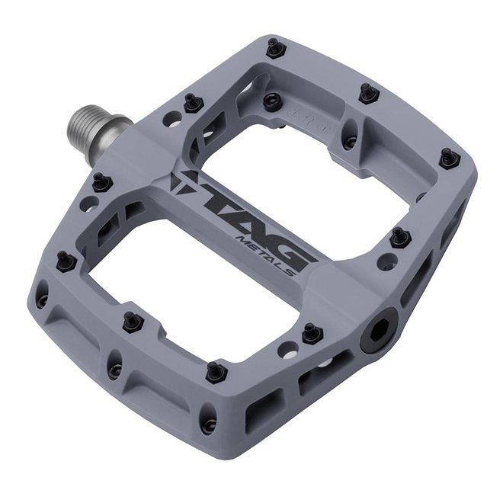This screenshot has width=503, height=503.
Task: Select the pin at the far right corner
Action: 450,158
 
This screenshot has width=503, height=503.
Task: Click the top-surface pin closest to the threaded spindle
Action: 192,103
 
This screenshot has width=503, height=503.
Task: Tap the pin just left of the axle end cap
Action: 311,333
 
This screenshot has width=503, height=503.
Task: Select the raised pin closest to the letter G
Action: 399,238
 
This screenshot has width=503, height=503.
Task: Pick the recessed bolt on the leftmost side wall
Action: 41,300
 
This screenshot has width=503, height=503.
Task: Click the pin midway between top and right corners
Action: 367,93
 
